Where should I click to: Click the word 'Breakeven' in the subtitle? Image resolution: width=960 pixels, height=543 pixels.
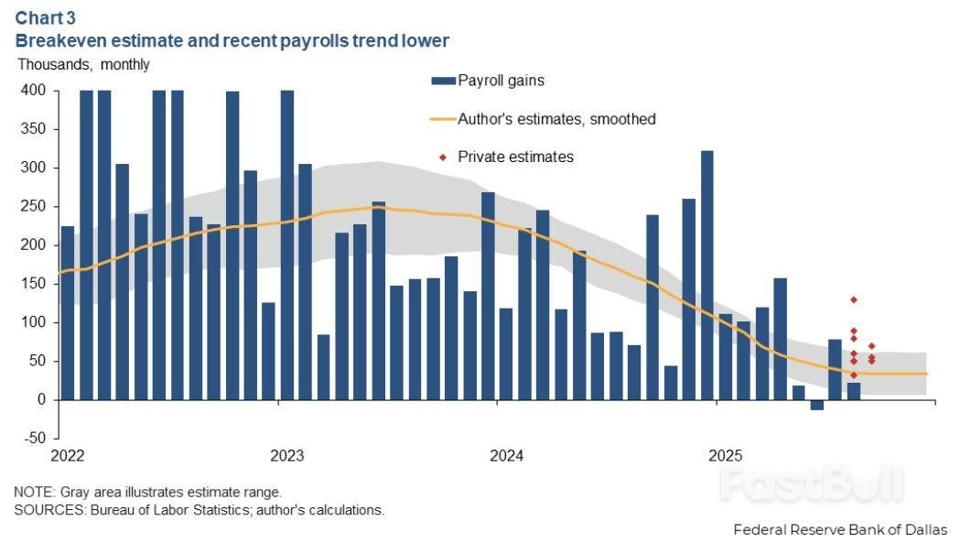click(x=59, y=41)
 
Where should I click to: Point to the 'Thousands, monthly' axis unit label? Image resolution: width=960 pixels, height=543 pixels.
click(x=83, y=64)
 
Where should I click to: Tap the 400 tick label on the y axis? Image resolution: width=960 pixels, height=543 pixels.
click(x=35, y=91)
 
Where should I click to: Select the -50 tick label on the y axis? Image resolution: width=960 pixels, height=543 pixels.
click(x=35, y=439)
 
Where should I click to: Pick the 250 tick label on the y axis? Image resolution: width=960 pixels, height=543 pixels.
click(x=35, y=207)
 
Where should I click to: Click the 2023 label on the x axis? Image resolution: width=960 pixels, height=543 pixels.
click(x=286, y=456)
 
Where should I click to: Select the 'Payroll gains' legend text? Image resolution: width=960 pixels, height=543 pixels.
click(x=501, y=81)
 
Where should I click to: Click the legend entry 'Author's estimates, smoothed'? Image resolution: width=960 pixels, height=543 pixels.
click(x=556, y=119)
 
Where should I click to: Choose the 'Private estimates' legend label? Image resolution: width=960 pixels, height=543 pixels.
click(x=515, y=157)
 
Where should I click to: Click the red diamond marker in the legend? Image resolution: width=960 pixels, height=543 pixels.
click(x=443, y=157)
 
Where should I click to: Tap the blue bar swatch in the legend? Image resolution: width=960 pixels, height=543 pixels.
click(x=443, y=81)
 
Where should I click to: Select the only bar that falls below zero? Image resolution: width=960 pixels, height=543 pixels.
click(x=816, y=405)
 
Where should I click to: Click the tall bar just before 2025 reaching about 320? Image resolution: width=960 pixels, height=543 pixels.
click(x=707, y=275)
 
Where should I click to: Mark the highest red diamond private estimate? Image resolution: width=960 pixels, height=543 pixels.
click(x=853, y=299)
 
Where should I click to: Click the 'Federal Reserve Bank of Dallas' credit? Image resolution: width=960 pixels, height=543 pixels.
click(x=840, y=529)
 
